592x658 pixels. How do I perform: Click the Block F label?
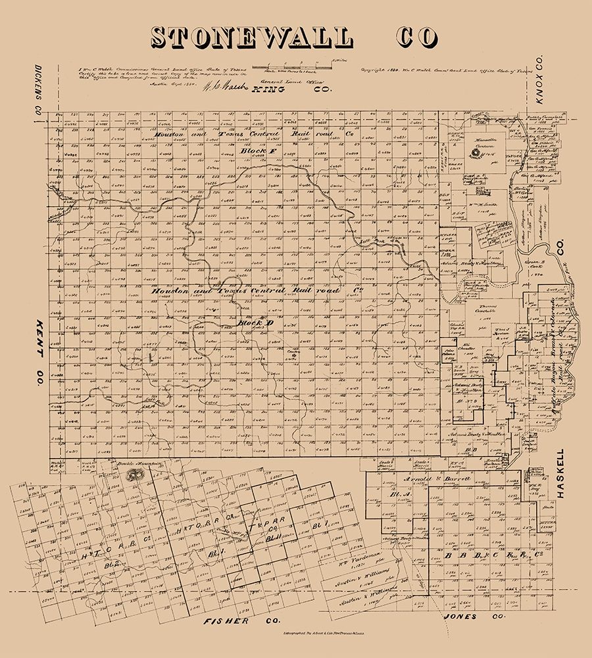(256, 151)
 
